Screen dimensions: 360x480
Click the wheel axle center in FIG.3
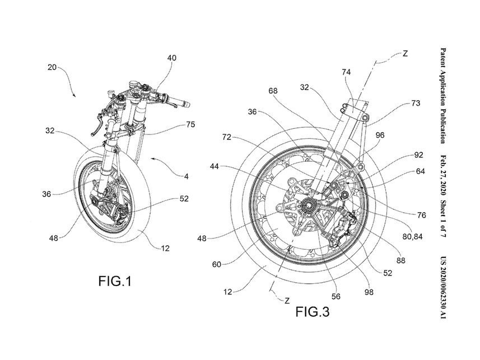click(309, 206)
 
